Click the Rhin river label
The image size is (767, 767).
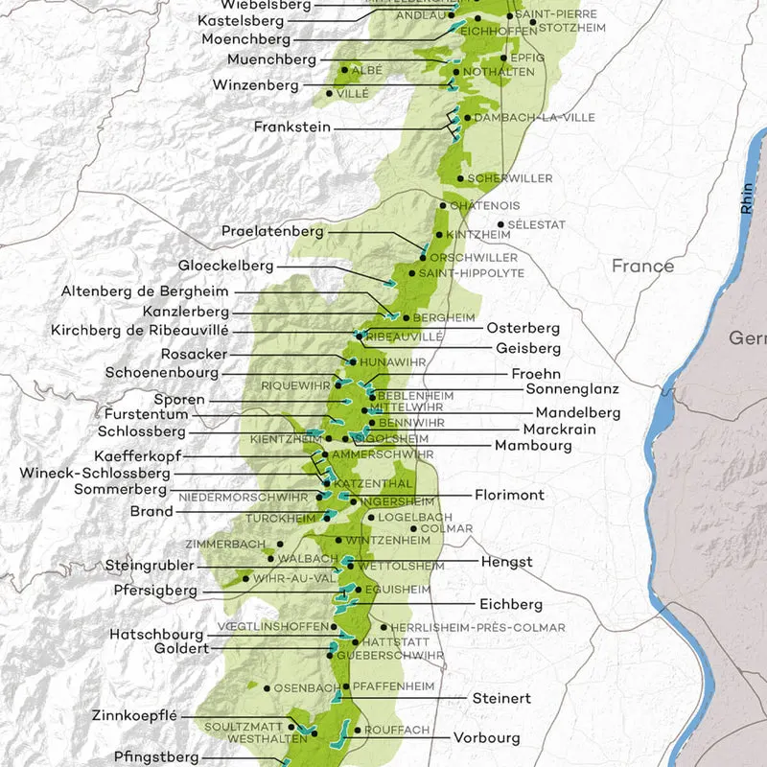pos(746,198)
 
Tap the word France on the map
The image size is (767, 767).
pos(642,266)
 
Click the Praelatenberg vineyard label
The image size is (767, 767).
pos(273,231)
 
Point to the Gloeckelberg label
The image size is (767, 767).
pos(226,266)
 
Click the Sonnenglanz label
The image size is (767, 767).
pos(573,389)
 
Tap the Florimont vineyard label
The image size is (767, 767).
pos(509,496)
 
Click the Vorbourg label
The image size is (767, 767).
pos(487,738)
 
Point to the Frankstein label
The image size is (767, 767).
pos(292,127)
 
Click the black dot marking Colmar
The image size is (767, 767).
pos(413,528)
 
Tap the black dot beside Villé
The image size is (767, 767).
pos(329,94)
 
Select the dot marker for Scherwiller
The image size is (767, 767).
pos(460,178)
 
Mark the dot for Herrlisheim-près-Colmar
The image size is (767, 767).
pos(384,627)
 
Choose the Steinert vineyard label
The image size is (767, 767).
pos(501,698)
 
